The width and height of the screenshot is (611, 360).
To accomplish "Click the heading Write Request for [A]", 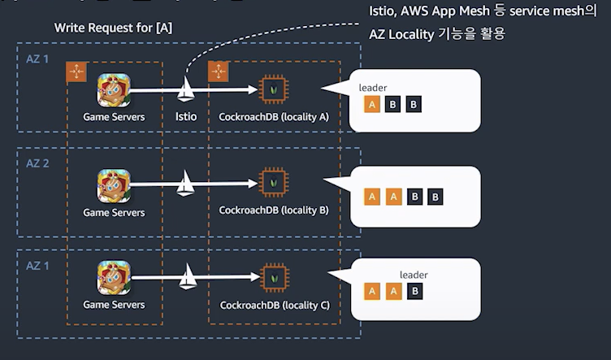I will [x=113, y=28].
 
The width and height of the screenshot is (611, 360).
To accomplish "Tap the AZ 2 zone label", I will [x=38, y=163].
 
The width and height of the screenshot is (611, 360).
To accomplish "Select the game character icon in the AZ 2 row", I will [x=114, y=186].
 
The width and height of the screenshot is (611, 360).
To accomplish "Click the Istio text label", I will [x=186, y=117].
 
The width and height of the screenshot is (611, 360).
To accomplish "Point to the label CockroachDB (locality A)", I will [x=274, y=117].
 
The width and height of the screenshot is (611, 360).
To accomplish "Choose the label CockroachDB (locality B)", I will [x=274, y=210].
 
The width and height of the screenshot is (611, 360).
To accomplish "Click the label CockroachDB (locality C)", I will [x=275, y=306].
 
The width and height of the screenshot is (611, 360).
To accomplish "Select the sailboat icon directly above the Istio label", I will [x=188, y=89].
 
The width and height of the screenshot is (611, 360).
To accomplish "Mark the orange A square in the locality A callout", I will [x=372, y=104].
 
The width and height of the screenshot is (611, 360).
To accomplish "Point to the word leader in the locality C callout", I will [x=414, y=275].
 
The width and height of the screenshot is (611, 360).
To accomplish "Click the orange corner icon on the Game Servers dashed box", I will [x=76, y=72].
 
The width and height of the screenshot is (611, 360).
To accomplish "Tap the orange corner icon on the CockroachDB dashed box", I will [x=218, y=72].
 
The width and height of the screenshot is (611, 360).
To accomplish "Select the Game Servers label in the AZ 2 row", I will [x=114, y=213].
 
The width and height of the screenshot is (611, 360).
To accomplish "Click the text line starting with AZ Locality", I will [x=437, y=34].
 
